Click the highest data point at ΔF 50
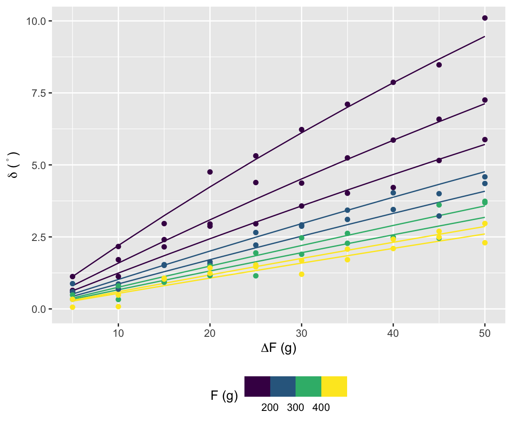pyautogui.click(x=484, y=18)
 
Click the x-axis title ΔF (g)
pyautogui.click(x=279, y=349)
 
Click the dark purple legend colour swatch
pyautogui.click(x=257, y=386)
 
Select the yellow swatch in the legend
pyautogui.click(x=334, y=386)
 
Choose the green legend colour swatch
pyautogui.click(x=308, y=386)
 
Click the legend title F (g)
pyautogui.click(x=224, y=395)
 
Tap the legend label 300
pyautogui.click(x=296, y=408)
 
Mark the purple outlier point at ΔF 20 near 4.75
pyautogui.click(x=210, y=172)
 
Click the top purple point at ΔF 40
pyautogui.click(x=393, y=82)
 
